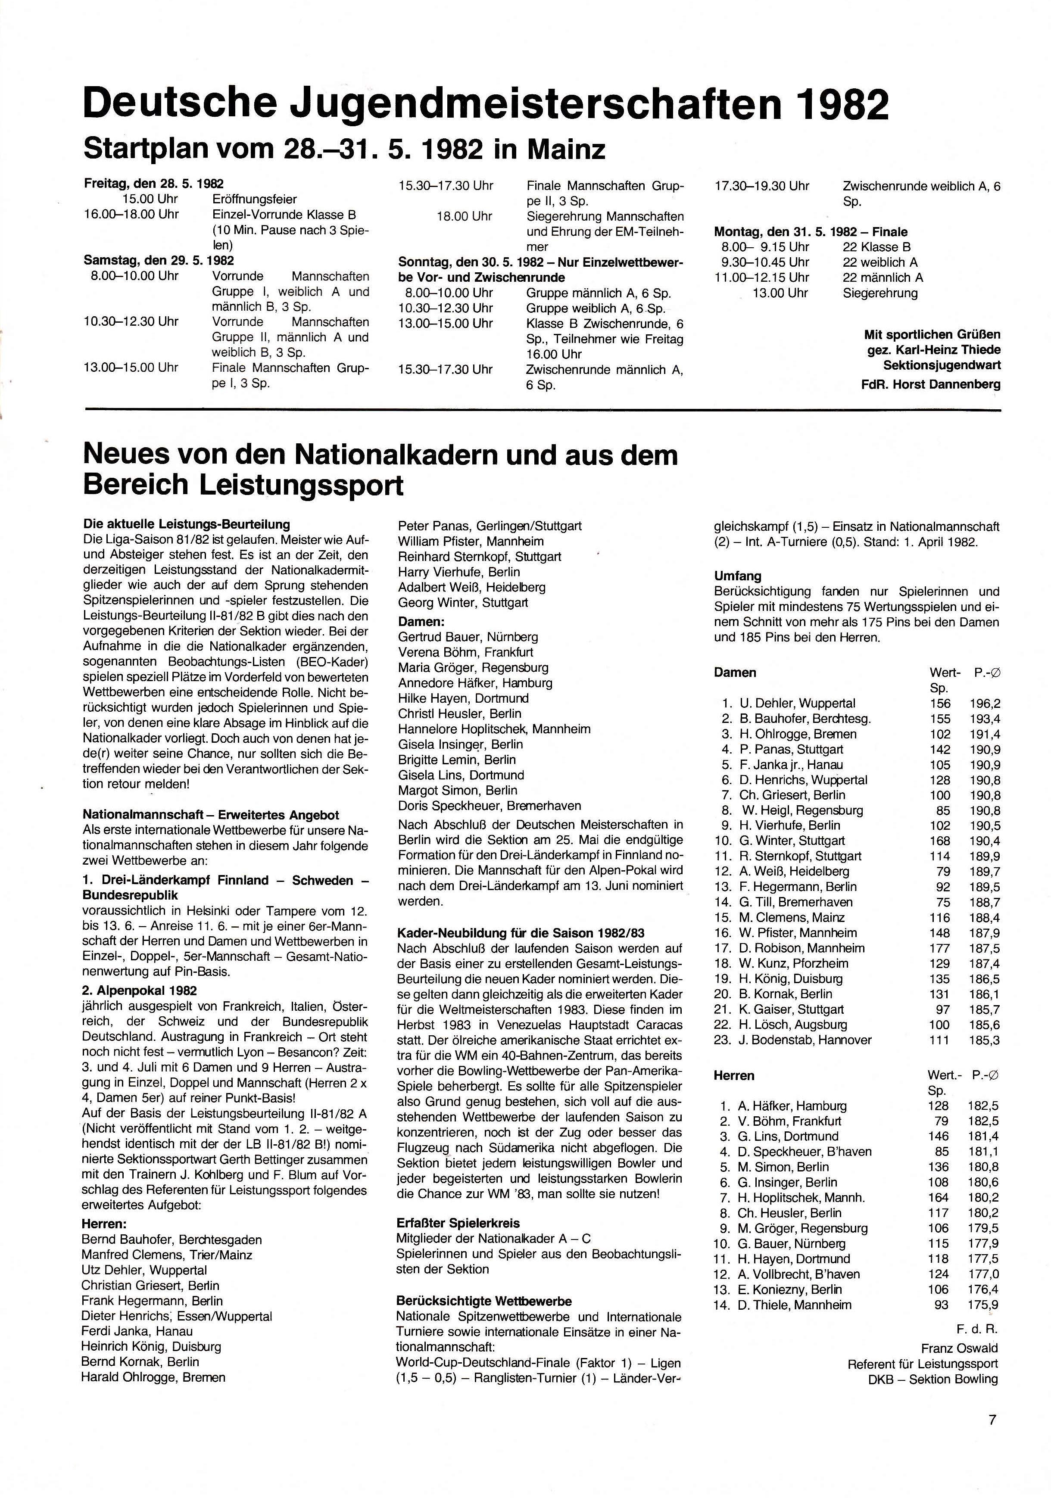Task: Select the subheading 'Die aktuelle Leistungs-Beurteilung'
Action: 187,524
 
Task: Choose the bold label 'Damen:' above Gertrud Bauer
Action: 421,622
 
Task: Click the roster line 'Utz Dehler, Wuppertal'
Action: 144,1270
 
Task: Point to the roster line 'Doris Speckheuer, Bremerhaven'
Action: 489,806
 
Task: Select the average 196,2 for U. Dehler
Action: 985,703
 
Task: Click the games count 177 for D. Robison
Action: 939,948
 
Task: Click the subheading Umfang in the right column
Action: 737,576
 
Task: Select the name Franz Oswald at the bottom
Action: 959,1348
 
